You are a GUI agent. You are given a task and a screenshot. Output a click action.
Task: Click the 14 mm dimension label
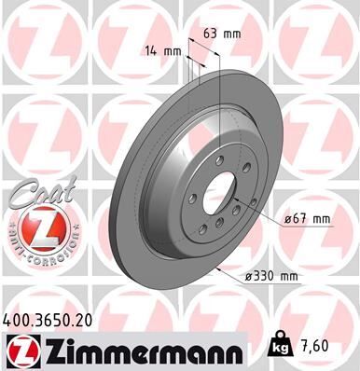(x=159, y=50)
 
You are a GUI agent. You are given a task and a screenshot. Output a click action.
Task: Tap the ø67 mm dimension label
(x=309, y=219)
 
